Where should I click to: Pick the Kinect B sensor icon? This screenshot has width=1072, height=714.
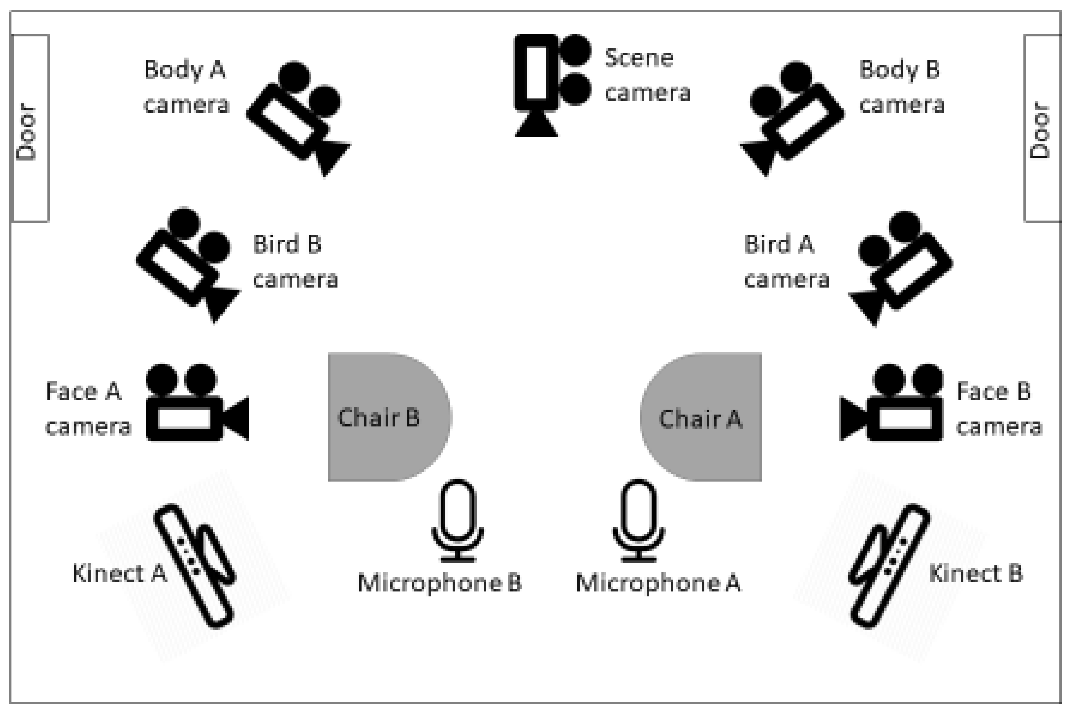(888, 565)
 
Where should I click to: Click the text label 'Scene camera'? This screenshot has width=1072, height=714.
(647, 75)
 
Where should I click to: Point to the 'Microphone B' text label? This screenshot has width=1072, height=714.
(440, 583)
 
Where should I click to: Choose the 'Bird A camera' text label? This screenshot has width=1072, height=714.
(786, 262)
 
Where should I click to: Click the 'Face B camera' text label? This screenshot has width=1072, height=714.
(998, 408)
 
